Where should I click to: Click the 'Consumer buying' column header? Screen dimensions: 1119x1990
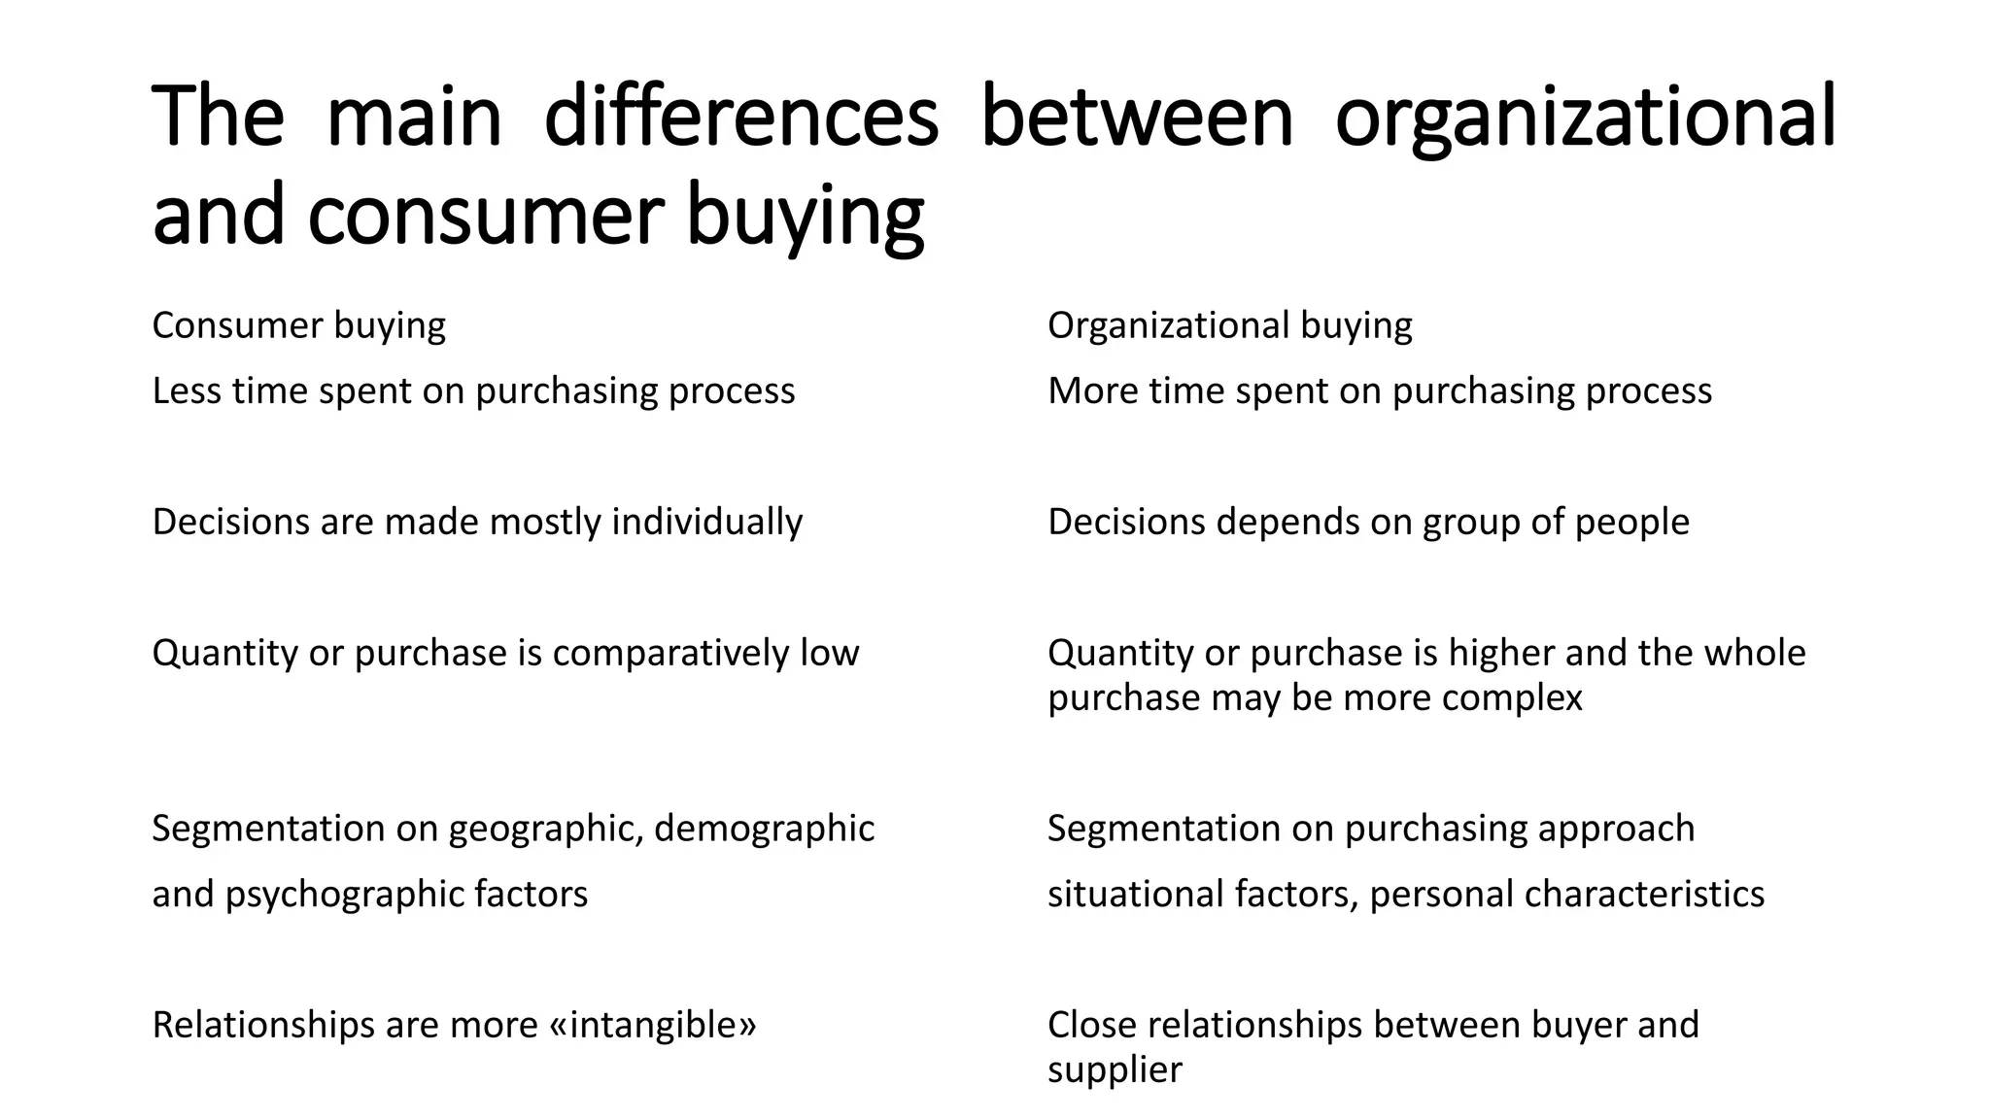tap(298, 325)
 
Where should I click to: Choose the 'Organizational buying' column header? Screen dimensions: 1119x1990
tap(1229, 325)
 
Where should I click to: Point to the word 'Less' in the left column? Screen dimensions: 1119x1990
tap(187, 391)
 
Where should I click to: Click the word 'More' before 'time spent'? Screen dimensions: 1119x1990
tap(1092, 391)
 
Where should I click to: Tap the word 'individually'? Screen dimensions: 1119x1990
tap(706, 523)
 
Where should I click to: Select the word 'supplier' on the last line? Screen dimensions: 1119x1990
tap(1114, 1070)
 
